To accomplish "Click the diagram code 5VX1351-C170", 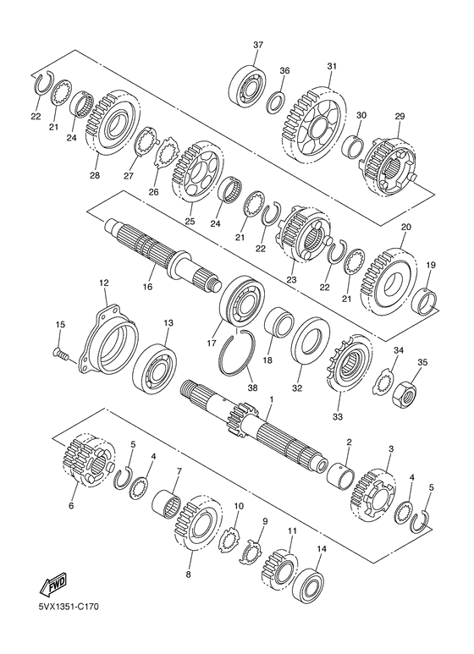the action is coord(69,618).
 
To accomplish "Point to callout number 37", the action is coord(258,45).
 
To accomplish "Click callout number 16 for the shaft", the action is coord(147,287).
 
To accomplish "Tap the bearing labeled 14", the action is coord(309,584).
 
